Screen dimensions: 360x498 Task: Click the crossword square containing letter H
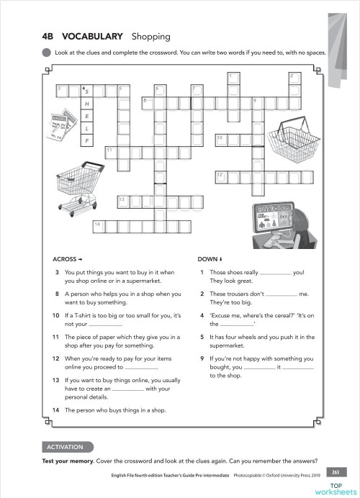point(87,104)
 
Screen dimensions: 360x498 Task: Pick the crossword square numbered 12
point(221,175)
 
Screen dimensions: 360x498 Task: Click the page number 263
point(335,472)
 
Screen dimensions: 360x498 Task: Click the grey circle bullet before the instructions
point(47,53)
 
